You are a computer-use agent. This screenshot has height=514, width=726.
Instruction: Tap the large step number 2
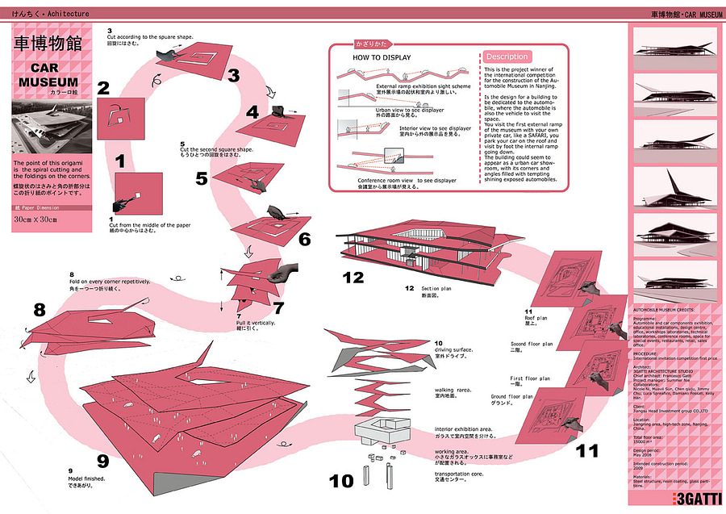(103, 88)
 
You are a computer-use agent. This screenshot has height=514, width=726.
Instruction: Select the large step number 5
(202, 178)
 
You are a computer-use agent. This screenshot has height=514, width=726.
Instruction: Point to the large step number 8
(40, 310)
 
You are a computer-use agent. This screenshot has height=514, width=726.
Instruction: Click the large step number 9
(102, 462)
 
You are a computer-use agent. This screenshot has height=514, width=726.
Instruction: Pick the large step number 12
(354, 278)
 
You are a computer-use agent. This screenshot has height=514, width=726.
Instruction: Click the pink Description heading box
(507, 57)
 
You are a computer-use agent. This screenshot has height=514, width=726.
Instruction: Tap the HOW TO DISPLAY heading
(382, 58)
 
